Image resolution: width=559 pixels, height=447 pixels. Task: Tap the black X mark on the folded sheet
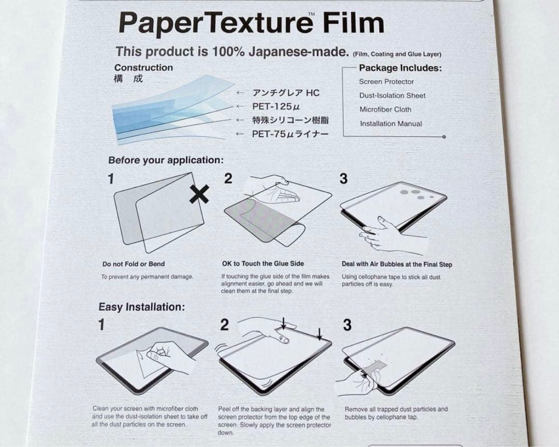click(199, 194)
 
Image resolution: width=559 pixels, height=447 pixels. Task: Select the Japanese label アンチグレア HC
click(286, 93)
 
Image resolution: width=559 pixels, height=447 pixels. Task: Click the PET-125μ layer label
click(276, 107)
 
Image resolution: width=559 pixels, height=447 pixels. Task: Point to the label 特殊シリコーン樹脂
click(290, 120)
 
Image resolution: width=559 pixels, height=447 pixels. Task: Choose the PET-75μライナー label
click(290, 134)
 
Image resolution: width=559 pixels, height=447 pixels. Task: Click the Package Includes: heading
click(400, 68)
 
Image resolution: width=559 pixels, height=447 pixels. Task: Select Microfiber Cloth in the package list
click(385, 110)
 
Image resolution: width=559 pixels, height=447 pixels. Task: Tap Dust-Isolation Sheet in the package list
click(392, 96)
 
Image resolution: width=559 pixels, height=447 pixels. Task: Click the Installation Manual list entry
click(391, 124)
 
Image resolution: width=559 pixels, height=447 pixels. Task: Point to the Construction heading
click(143, 68)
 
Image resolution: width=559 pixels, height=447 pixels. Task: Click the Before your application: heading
click(166, 161)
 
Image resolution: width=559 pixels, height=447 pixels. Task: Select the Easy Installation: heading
click(141, 307)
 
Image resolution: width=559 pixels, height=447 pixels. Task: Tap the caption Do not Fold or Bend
click(134, 264)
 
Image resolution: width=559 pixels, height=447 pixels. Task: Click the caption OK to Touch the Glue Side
click(263, 264)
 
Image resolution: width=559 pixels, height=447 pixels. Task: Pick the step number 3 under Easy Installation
click(347, 325)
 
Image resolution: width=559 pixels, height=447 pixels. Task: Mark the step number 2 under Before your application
click(228, 179)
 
